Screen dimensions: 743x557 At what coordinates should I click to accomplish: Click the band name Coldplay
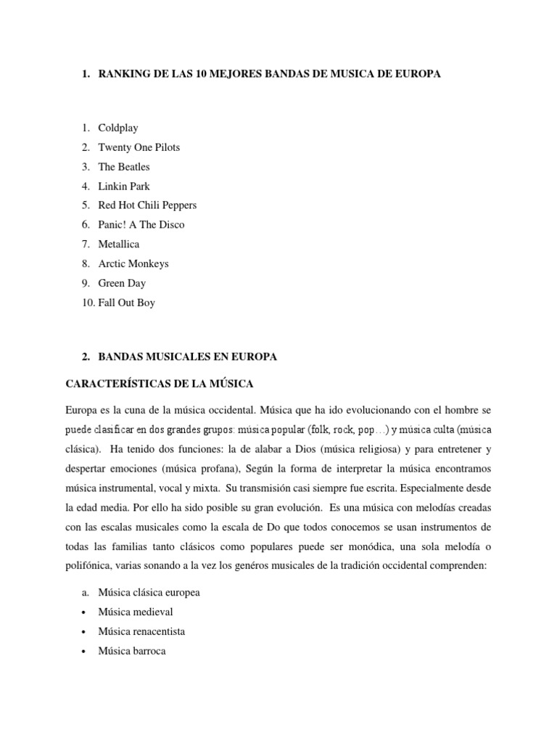coord(118,128)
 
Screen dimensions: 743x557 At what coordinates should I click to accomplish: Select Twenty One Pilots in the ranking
coord(139,147)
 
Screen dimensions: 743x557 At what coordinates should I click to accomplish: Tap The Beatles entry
coord(124,167)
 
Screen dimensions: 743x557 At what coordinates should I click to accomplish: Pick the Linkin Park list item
coord(124,186)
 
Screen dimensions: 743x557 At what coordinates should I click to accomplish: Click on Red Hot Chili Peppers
coord(147,205)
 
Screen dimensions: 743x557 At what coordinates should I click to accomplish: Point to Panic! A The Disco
coord(141,225)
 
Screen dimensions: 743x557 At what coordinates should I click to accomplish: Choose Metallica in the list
coord(119,245)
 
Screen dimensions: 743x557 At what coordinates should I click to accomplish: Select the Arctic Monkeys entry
coord(133,264)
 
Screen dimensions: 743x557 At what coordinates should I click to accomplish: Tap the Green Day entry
coord(122,283)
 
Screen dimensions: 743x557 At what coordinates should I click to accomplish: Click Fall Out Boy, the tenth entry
coord(127,303)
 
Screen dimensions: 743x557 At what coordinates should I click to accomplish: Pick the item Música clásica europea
coord(149,593)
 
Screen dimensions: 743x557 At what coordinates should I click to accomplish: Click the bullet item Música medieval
coord(136,612)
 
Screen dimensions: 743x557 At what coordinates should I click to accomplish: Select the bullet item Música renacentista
coord(141,632)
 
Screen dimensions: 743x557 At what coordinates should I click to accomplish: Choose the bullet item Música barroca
coord(132,651)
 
